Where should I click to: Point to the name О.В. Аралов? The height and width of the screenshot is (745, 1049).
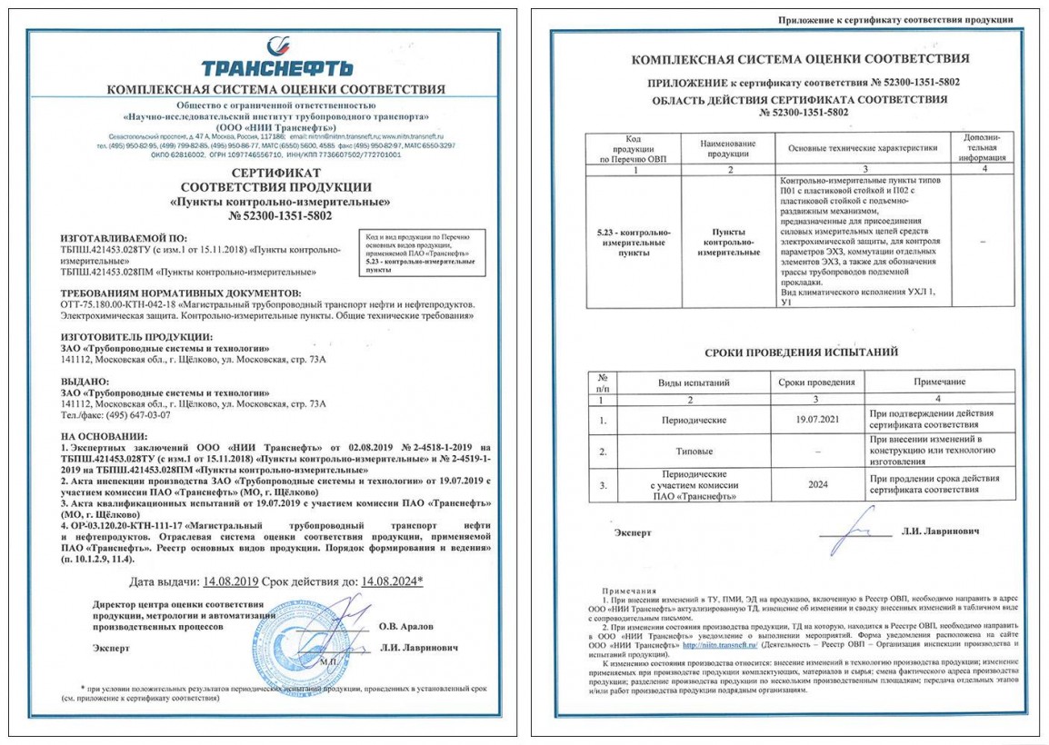pos(407,626)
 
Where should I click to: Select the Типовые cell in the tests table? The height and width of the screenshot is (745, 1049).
pos(693,451)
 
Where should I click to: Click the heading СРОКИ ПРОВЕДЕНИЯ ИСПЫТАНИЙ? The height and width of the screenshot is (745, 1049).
pos(801,352)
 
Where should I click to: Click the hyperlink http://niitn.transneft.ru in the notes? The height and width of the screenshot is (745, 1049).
pos(718,646)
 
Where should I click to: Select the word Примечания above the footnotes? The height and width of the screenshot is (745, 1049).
pos(628,590)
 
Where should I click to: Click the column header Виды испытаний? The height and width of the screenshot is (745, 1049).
pos(693,382)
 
